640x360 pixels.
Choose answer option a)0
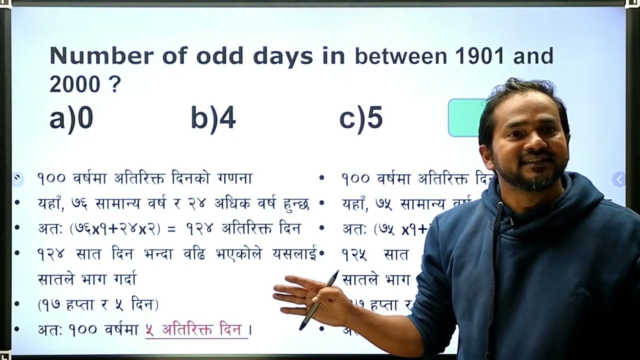point(71,119)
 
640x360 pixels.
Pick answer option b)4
point(213,119)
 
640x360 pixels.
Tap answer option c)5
point(361,119)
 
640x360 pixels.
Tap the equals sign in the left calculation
point(171,229)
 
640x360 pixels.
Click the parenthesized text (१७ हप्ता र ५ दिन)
point(98,304)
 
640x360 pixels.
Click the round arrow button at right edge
point(619,179)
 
